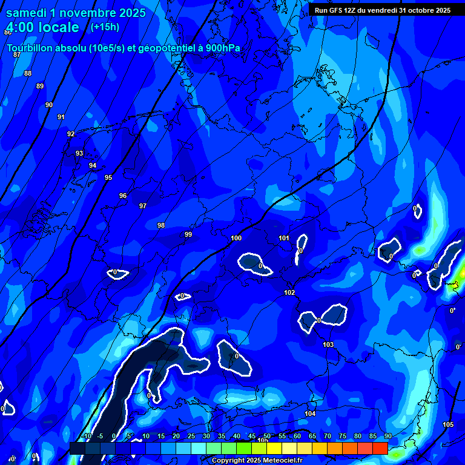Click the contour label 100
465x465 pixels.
(x=236, y=239)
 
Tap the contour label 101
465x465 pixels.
(x=284, y=238)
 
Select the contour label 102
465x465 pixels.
(x=289, y=293)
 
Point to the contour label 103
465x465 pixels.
(x=328, y=345)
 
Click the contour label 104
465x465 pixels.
(x=310, y=414)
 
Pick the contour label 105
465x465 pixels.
(x=448, y=424)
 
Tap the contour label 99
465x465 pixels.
(x=188, y=234)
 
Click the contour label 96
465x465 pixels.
(x=123, y=196)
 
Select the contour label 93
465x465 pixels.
(x=79, y=154)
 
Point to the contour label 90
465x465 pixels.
(x=49, y=105)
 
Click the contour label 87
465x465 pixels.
(x=17, y=55)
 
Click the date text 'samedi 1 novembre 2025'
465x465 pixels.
(x=76, y=13)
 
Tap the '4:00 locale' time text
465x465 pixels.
(x=43, y=27)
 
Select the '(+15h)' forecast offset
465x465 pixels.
(x=105, y=27)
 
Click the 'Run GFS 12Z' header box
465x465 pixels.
(x=383, y=10)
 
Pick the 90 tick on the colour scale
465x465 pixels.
(x=387, y=437)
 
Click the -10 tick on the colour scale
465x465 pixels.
(x=86, y=437)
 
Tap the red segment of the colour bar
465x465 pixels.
(x=380, y=448)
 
